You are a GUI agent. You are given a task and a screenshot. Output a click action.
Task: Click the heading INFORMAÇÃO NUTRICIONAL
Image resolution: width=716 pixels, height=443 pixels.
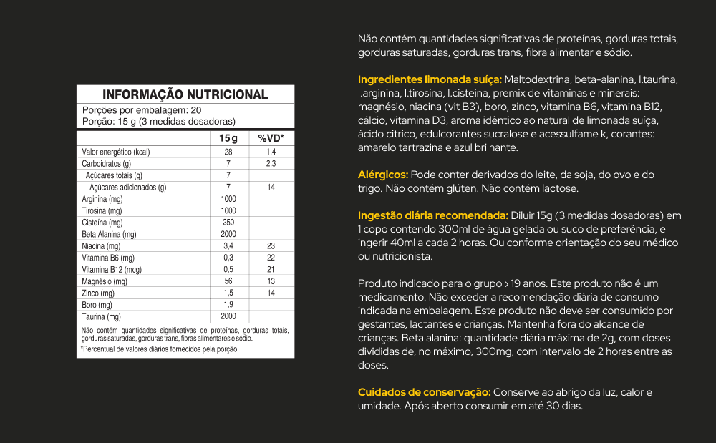(185, 94)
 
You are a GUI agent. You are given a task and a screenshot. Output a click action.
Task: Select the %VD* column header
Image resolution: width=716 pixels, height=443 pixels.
(271, 138)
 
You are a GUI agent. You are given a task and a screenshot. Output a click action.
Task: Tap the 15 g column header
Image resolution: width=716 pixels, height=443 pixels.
(228, 138)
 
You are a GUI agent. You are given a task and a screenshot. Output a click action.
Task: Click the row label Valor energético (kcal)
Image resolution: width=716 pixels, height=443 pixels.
(116, 152)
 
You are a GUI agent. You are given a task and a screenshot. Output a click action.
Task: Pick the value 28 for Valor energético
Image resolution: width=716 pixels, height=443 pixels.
(228, 152)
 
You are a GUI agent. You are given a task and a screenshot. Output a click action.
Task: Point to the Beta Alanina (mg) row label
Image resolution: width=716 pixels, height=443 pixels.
(109, 234)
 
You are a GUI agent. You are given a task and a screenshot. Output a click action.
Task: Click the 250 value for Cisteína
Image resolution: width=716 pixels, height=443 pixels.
(228, 223)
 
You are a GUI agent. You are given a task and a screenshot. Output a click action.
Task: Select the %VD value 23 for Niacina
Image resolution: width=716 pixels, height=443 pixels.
(271, 245)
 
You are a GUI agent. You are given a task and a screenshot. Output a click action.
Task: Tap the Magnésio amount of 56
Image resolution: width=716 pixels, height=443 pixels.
(228, 281)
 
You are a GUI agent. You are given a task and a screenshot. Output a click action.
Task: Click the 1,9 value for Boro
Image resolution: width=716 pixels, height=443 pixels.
(228, 305)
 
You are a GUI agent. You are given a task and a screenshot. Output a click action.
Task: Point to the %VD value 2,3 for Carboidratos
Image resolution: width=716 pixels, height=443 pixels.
(271, 164)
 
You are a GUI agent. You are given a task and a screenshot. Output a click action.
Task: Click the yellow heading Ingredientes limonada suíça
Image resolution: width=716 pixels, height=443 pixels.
(430, 79)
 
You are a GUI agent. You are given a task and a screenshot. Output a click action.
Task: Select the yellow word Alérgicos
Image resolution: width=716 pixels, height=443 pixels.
(383, 175)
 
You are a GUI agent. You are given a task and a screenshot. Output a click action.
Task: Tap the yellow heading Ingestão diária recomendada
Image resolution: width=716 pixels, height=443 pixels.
(433, 215)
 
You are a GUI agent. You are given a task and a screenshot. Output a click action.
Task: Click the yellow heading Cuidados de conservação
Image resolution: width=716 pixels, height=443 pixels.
(424, 392)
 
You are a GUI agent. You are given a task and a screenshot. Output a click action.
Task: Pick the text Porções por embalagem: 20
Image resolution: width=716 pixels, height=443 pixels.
(142, 110)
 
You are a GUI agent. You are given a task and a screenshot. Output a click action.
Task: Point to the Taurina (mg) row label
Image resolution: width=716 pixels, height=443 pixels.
(101, 316)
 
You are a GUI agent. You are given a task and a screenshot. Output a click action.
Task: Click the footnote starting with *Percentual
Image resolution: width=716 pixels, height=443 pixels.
(160, 349)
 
